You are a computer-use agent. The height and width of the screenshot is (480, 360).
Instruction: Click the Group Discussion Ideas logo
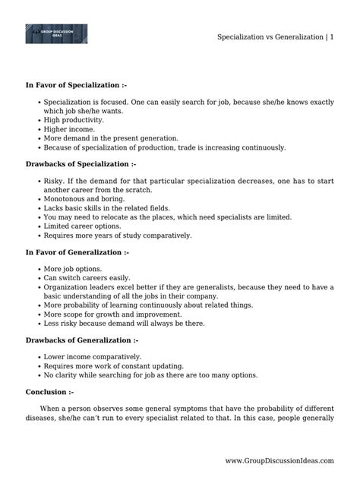click(56, 34)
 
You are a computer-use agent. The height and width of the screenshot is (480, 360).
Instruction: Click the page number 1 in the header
click(332, 36)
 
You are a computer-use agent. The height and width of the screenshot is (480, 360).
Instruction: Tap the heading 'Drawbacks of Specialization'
click(81, 163)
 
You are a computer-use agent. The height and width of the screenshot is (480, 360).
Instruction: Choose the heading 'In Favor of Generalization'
click(77, 251)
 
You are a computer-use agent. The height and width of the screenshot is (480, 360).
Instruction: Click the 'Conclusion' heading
click(49, 392)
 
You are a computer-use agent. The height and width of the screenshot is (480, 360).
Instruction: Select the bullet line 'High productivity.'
click(74, 119)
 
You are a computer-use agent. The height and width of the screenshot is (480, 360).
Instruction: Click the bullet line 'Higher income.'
click(68, 129)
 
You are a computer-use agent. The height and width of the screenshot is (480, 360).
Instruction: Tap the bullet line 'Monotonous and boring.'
click(84, 197)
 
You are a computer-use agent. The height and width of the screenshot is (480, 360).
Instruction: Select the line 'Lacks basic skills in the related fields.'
click(107, 207)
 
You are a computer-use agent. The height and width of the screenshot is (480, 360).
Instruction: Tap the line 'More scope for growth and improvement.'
click(112, 314)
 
